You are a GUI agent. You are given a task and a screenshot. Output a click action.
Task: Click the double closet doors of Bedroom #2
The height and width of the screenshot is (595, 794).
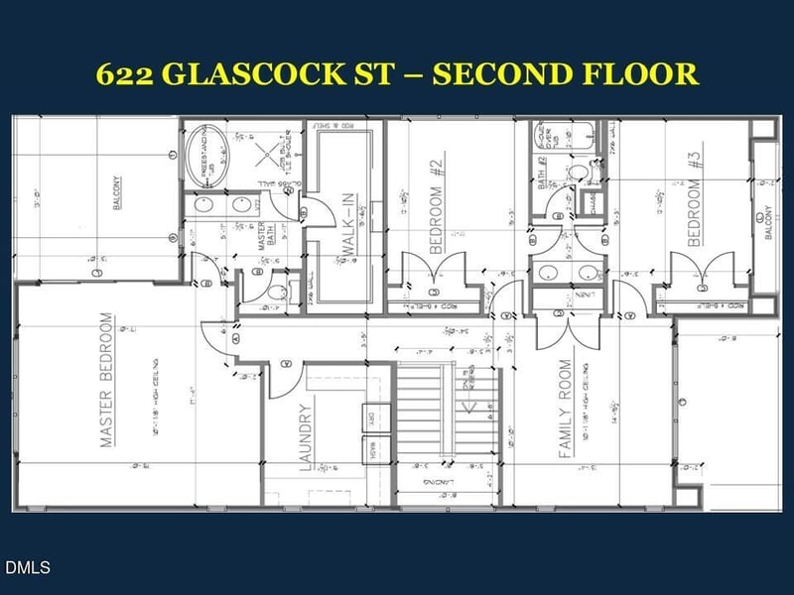[435, 268]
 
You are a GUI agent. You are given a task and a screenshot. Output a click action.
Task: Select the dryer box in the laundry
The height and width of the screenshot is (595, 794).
[366, 421]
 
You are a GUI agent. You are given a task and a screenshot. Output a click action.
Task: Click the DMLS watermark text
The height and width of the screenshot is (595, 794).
[27, 568]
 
